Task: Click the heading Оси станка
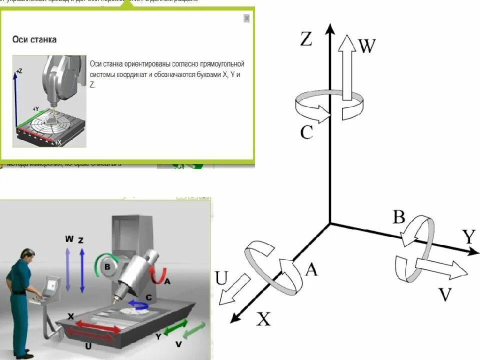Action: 34,39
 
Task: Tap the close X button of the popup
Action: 246,18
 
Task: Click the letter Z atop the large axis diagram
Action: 306,38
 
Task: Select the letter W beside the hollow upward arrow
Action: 366,46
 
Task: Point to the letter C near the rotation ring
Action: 306,132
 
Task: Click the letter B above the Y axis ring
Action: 398,217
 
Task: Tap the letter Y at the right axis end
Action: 468,236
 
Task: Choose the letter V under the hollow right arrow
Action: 445,294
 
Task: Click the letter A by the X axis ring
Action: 311,269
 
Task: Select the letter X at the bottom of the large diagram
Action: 263,318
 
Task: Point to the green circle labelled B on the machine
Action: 106,266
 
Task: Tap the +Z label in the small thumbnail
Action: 19,71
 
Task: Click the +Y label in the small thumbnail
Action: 35,108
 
